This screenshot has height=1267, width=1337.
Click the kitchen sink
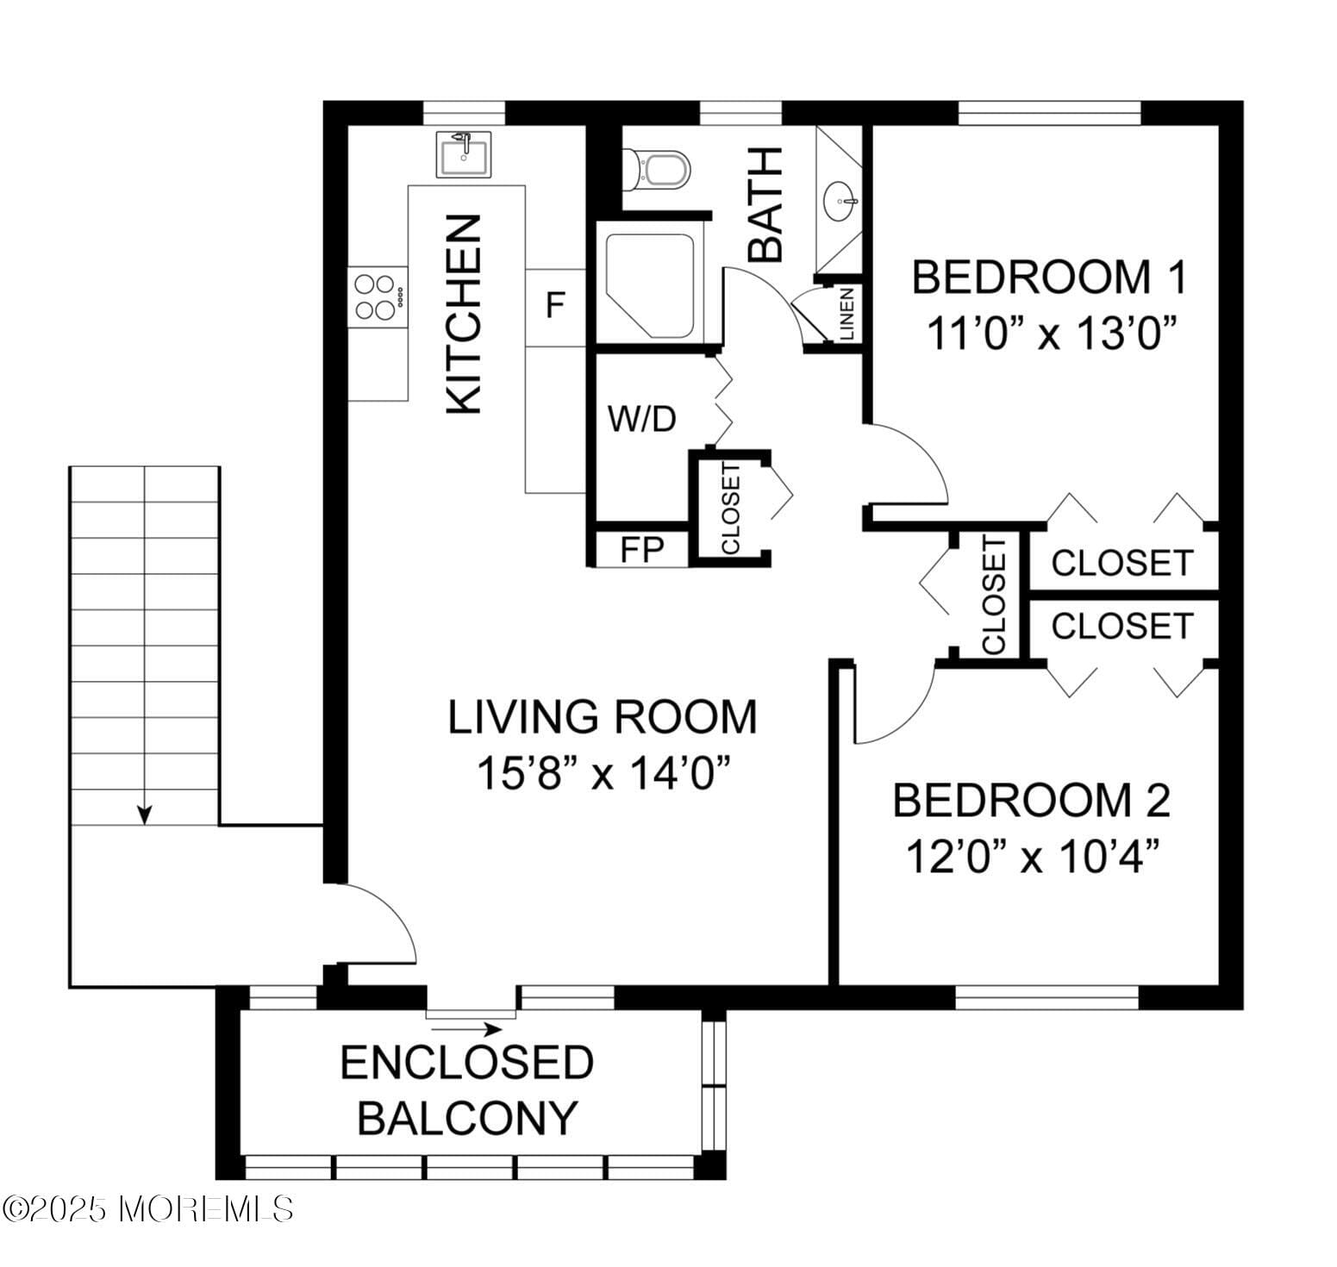(x=464, y=155)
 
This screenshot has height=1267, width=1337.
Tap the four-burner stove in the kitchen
(x=378, y=296)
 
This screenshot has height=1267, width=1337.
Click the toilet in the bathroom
(x=658, y=170)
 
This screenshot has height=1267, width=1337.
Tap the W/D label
(x=641, y=420)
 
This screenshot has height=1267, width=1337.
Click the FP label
(x=641, y=550)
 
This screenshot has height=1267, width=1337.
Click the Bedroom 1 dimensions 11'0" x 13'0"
(x=1052, y=333)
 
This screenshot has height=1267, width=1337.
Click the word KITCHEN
(x=464, y=315)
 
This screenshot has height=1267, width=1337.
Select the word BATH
(x=765, y=204)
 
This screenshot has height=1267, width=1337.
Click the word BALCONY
(x=466, y=1118)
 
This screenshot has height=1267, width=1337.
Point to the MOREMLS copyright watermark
(x=147, y=1208)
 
